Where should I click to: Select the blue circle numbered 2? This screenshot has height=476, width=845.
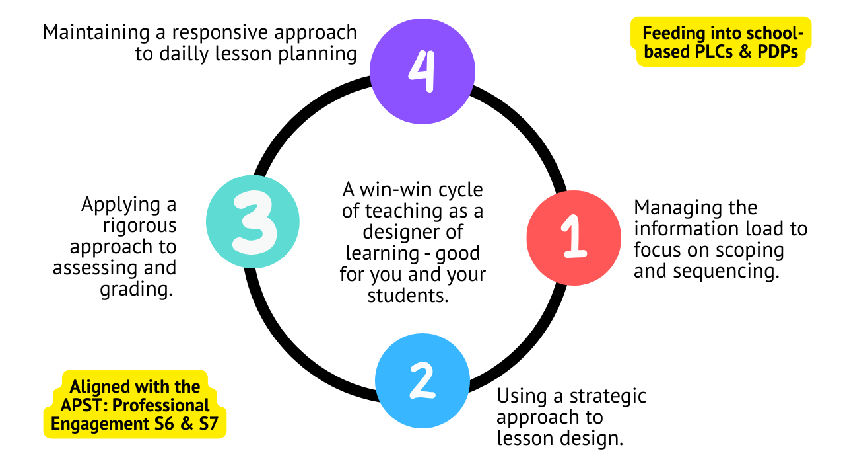tap(422, 381)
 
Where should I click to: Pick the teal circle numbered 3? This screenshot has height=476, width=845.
tap(253, 221)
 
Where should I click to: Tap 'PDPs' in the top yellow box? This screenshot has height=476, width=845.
tap(778, 53)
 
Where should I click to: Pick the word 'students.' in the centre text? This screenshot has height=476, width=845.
tap(408, 296)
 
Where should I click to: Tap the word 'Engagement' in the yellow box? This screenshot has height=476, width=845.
tap(97, 424)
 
